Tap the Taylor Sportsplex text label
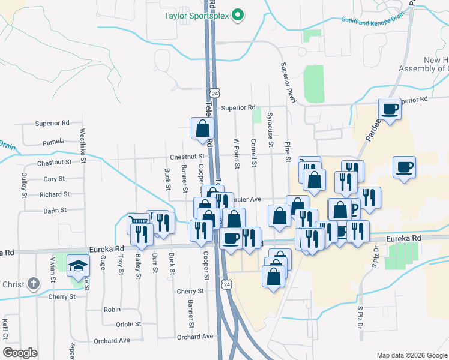coord(197,16)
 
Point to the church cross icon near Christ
coord(35,283)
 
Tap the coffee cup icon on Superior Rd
coord(390,109)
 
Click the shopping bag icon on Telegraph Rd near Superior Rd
coord(202,127)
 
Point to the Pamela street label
coord(53,143)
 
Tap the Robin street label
coord(112,310)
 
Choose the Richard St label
coord(55,194)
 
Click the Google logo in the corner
coord(20,353)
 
